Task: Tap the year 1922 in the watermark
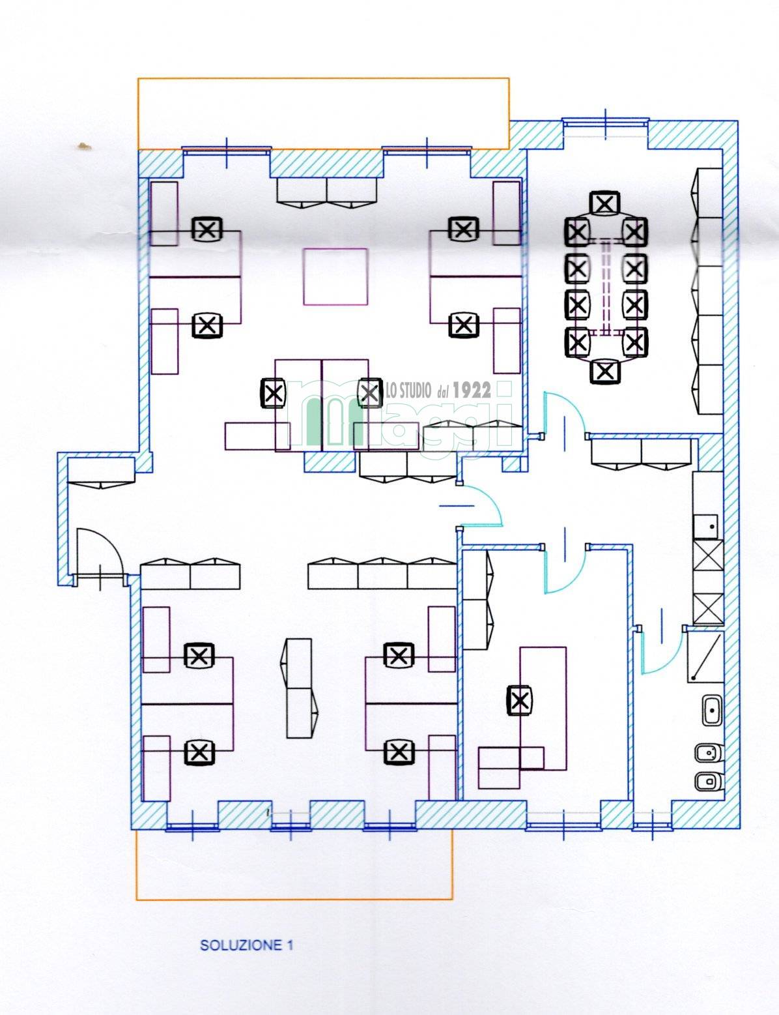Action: click(472, 390)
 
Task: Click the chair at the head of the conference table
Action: click(605, 204)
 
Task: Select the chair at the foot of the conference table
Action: click(604, 372)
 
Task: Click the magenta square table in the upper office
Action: click(335, 276)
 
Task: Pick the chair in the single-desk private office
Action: click(519, 700)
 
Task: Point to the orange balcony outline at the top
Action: click(323, 78)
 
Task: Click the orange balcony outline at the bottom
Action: click(294, 899)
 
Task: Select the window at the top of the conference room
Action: click(606, 122)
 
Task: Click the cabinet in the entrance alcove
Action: click(101, 473)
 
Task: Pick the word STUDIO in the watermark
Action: click(413, 391)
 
